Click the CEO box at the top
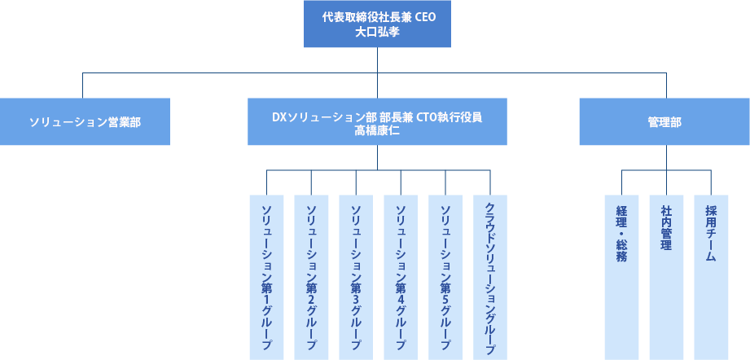[x=376, y=24]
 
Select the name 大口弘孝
[x=376, y=33]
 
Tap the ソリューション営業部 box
[x=85, y=122]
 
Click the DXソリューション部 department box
[x=376, y=122]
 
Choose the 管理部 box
[x=664, y=122]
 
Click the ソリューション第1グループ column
[x=266, y=277]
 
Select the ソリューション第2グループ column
[x=311, y=277]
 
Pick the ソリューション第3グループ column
[x=356, y=277]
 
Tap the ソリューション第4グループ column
[x=401, y=277]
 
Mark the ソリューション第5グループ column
[x=445, y=277]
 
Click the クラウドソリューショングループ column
[x=490, y=277]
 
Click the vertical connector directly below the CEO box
[x=376, y=60]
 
